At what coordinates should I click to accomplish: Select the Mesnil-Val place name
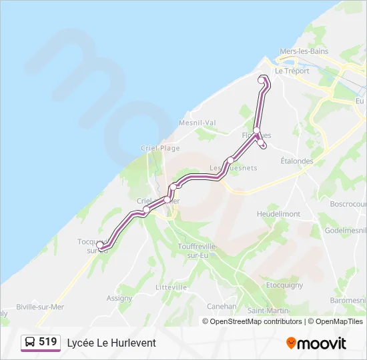point(197,123)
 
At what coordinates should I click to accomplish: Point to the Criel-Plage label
point(160,148)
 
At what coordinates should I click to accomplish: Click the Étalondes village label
point(297,161)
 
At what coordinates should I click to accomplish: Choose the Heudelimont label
point(278,214)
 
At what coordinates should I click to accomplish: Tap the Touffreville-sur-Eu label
point(198,251)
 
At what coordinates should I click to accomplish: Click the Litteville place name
point(171,287)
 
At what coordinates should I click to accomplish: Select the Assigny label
point(119,298)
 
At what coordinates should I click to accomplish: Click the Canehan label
point(222,307)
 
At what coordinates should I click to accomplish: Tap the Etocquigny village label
point(285,285)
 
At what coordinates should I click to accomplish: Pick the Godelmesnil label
point(346,230)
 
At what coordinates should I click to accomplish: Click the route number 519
point(47,342)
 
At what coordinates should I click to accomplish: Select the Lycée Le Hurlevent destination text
point(111,343)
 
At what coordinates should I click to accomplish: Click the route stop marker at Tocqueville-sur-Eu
point(101,245)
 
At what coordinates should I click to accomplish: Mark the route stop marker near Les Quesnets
point(230,160)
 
